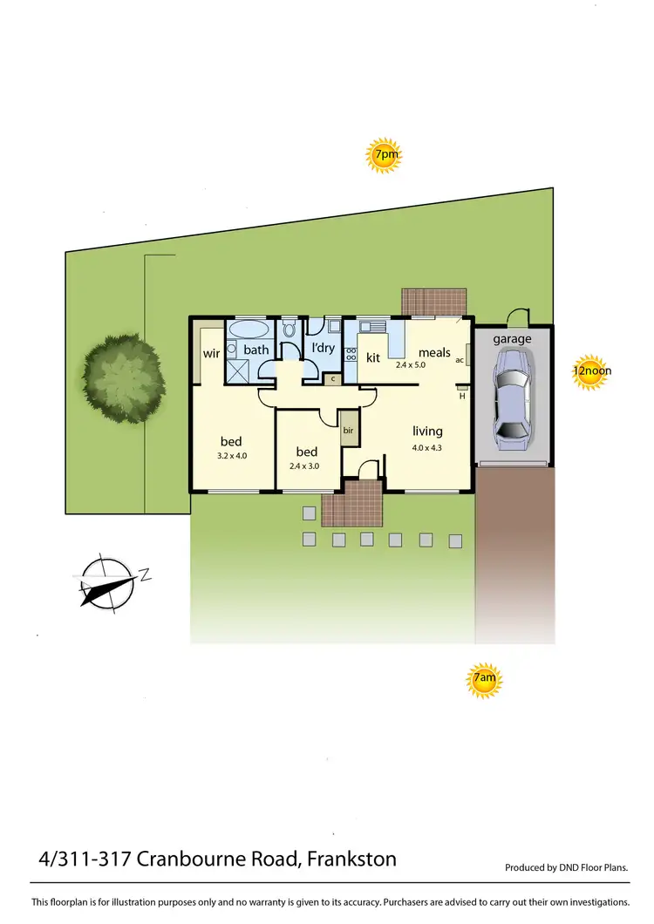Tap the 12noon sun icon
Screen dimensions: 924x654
click(x=591, y=370)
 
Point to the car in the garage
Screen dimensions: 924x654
click(x=512, y=395)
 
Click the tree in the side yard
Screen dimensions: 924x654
click(x=123, y=377)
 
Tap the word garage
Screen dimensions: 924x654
click(x=512, y=339)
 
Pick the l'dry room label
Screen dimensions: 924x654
click(x=323, y=349)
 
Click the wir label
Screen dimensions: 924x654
click(x=211, y=354)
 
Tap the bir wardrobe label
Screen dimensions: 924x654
click(x=348, y=431)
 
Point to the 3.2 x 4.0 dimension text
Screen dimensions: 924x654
click(x=231, y=455)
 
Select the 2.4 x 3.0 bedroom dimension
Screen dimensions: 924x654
click(x=306, y=465)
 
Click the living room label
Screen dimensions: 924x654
click(x=427, y=431)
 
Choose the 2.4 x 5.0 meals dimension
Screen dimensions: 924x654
click(x=411, y=364)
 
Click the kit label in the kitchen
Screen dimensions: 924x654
click(x=373, y=357)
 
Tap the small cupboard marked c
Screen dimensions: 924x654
click(x=331, y=379)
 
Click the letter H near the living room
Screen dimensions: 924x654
click(x=462, y=395)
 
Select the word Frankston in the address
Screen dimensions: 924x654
click(x=350, y=859)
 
